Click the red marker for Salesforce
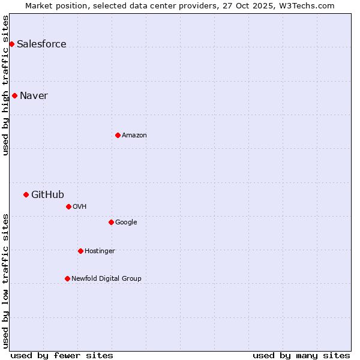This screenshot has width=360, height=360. click(11, 44)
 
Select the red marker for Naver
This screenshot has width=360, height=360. click(14, 95)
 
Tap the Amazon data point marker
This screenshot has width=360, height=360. click(118, 135)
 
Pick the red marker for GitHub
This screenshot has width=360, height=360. click(26, 194)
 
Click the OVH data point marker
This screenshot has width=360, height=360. click(68, 206)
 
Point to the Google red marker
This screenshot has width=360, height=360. click(111, 222)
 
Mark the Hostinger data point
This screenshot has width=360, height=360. click(80, 251)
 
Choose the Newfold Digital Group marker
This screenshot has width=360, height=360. click(67, 278)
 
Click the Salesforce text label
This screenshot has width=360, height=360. click(41, 44)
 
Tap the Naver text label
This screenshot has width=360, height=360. click(34, 95)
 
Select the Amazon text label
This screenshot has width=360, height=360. click(134, 135)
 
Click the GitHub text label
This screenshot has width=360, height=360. click(47, 194)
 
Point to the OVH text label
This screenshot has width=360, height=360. click(80, 206)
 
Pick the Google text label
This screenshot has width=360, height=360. click(126, 222)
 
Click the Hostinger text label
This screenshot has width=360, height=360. click(100, 251)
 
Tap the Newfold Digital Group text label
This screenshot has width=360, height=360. click(106, 278)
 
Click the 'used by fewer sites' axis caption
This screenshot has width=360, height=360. click(62, 355)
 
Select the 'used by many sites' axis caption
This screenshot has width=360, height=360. click(301, 355)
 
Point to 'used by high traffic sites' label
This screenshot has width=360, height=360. click(5, 85)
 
